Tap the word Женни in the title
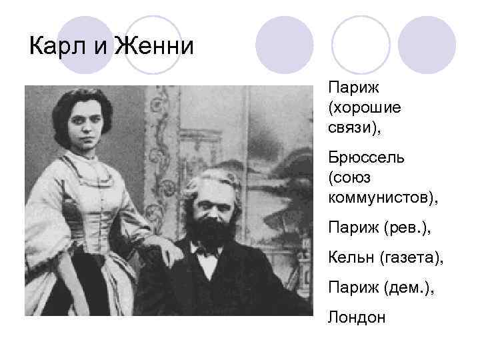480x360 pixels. [154, 47]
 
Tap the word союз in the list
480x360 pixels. [350, 178]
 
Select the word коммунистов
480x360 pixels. [384, 197]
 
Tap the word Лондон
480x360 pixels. [357, 317]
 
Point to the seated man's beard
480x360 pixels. [211, 231]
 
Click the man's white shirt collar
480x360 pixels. [206, 257]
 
